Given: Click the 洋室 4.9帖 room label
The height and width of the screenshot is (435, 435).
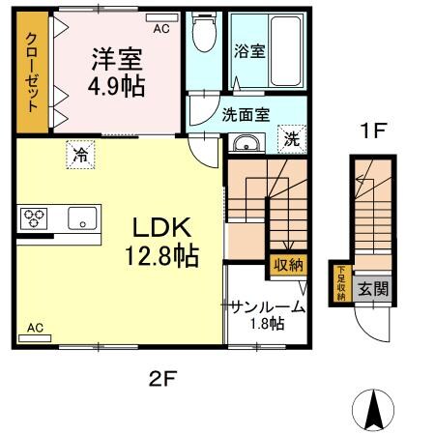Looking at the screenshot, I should tap(118, 72).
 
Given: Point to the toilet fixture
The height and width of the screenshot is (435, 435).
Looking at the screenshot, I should tap(203, 36).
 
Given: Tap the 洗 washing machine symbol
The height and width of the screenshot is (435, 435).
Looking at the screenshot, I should tap(291, 138).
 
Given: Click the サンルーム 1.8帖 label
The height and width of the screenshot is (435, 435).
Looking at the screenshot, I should tap(267, 315).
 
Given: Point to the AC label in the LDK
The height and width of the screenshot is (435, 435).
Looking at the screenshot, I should tap(36, 328).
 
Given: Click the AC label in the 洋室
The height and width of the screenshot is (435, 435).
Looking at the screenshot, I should tap(160, 29).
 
